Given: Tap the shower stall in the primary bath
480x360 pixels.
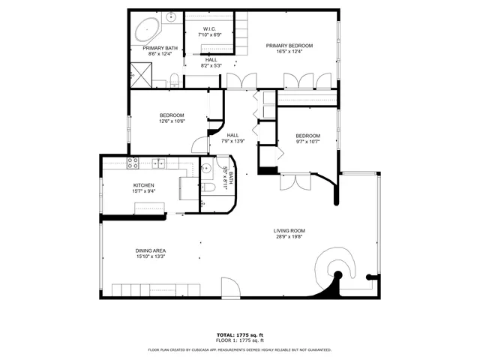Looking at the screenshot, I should click(x=139, y=73).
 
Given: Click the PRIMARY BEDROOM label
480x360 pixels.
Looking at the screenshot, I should click(x=289, y=46).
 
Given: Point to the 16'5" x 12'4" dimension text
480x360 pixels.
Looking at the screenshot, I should click(x=289, y=52).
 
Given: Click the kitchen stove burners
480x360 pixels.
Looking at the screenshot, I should click(x=133, y=163).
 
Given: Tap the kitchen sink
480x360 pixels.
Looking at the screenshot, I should click(x=159, y=163).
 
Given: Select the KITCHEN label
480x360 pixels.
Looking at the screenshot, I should click(x=144, y=185).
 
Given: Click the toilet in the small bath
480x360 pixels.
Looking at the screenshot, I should click(x=209, y=188).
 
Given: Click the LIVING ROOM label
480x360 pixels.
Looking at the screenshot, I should click(x=289, y=230).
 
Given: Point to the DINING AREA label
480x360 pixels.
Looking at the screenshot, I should click(x=151, y=250).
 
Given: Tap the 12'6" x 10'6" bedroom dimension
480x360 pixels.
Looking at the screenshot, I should click(x=172, y=121).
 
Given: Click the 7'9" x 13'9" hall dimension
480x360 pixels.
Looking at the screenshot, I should click(x=233, y=141).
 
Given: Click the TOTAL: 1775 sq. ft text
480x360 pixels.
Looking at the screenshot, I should click(x=240, y=334).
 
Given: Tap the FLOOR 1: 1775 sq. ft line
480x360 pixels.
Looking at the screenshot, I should click(x=240, y=340).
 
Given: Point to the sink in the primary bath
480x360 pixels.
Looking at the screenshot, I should click(x=171, y=16).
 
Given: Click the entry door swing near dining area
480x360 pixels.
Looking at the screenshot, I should click(x=231, y=286).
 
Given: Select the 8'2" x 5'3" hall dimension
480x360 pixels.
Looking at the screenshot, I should click(x=212, y=66).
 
